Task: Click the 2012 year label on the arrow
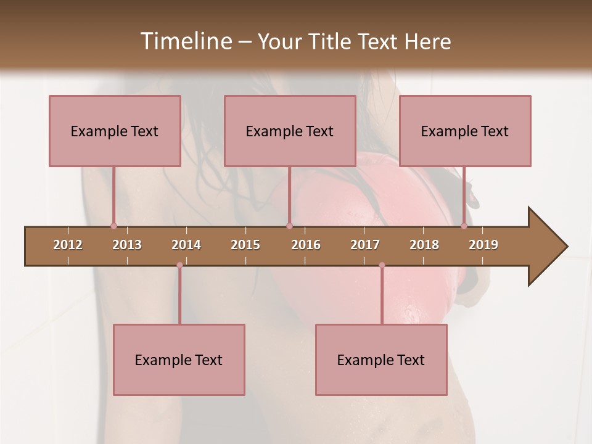point(68,245)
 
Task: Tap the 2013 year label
point(127,245)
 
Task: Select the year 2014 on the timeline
point(186,245)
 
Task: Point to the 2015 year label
point(245,245)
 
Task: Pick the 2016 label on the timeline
point(306,245)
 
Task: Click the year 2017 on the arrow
point(365,245)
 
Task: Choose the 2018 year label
point(424,245)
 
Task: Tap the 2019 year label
point(483,245)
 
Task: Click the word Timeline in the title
point(186,41)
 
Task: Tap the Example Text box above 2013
point(115,131)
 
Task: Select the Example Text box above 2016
point(290,131)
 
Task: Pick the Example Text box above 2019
point(465,131)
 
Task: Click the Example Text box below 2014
point(179,360)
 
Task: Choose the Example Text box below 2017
point(381,360)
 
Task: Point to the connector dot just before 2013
point(113,226)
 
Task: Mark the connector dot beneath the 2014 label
point(179,265)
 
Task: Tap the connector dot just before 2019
point(464,226)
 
